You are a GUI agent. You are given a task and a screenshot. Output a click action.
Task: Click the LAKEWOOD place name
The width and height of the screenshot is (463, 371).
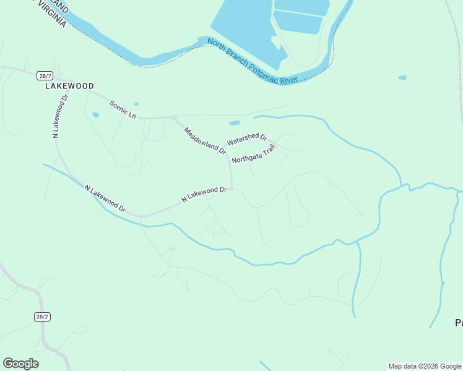click(x=69, y=87)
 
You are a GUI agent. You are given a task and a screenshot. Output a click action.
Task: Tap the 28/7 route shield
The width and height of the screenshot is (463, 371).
click(x=45, y=75)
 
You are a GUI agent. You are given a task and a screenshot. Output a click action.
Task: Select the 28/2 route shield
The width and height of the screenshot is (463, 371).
click(x=41, y=316)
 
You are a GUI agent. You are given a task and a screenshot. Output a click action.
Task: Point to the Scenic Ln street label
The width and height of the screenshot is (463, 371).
click(x=123, y=109)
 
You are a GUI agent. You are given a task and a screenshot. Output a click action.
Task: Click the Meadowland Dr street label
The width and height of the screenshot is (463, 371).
click(x=205, y=140)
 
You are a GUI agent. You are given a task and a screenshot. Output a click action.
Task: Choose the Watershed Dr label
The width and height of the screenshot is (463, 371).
click(x=246, y=140)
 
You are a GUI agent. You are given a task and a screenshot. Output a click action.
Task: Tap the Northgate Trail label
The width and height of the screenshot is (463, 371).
click(x=253, y=155)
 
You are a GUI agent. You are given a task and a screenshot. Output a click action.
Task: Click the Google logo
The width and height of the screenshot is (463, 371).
click(x=20, y=364)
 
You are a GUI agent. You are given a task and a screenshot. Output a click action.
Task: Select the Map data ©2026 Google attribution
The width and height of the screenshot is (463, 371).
click(x=425, y=366)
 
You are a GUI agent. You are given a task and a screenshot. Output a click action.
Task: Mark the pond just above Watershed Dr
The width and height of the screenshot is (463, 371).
click(x=235, y=123)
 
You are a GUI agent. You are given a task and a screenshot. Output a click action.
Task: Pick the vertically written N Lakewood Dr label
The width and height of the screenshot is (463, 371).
click(x=60, y=116)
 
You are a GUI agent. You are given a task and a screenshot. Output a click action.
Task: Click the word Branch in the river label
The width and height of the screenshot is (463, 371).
click(x=238, y=56)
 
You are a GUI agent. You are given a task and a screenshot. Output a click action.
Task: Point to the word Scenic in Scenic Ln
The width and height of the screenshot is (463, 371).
click(x=119, y=106)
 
